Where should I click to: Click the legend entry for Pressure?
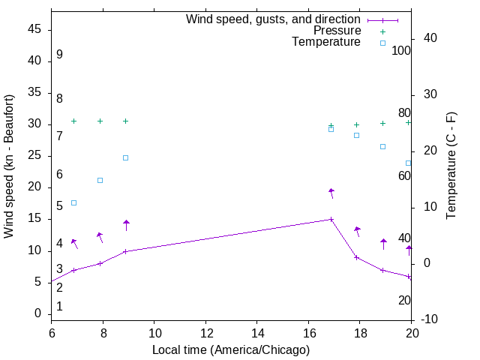coord(336,31)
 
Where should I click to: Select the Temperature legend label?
coord(326,42)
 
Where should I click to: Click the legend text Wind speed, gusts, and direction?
coord(274,19)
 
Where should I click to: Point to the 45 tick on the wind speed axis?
coord(34,29)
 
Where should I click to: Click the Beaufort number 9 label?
coord(59,55)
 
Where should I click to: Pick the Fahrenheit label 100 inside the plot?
coord(401,51)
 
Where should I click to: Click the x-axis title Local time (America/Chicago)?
coord(230,349)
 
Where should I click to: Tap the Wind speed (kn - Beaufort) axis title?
coord(9,166)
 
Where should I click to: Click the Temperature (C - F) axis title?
coord(451,166)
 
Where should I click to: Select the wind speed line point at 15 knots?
coord(331,220)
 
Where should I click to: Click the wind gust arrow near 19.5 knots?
coord(331,192)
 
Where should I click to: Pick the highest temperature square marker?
coord(331,129)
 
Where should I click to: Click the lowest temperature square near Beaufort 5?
coord(73,202)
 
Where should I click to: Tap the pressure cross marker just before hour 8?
coord(100,121)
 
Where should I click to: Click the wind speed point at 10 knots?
coord(125,251)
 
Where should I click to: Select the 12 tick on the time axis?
coord(205,331)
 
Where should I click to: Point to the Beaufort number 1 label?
coord(59,306)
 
